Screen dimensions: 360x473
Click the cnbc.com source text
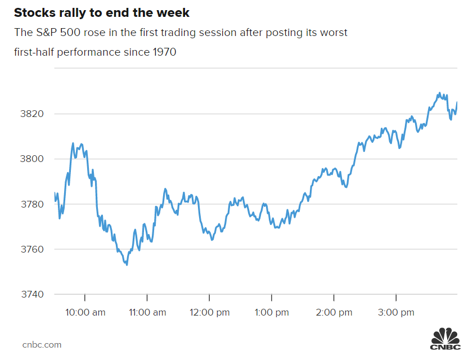42,345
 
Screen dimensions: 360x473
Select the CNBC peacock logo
445,339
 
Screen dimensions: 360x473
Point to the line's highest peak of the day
439,93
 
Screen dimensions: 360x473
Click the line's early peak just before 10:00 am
73,143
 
